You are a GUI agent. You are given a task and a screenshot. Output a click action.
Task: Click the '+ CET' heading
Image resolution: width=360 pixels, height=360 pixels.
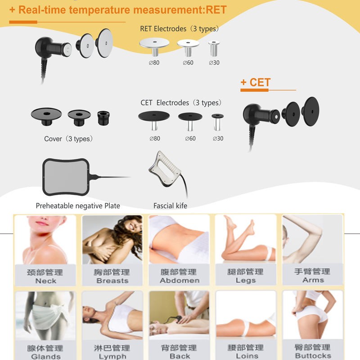(x=255, y=82)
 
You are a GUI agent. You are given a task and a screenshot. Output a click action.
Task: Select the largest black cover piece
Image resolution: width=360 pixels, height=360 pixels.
(x=45, y=115)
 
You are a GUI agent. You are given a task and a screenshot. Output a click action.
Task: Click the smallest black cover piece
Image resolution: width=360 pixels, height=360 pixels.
(x=103, y=117)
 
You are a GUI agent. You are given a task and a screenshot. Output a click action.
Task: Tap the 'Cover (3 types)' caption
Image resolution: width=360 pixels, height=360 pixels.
(x=68, y=139)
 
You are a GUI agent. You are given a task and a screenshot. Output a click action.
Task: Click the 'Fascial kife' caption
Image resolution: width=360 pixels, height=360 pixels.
(x=170, y=206)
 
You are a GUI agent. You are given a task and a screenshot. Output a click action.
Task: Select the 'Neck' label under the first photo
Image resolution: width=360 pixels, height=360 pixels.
(x=45, y=281)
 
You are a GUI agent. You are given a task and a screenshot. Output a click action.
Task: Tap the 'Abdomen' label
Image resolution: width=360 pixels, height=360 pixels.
(x=179, y=280)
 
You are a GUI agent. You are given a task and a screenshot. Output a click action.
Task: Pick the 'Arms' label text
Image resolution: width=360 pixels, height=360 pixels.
(x=313, y=280)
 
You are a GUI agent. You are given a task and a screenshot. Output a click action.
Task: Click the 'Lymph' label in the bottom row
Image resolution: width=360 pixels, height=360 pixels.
(x=112, y=356)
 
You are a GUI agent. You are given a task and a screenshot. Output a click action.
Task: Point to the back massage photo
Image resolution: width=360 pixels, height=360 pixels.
(x=179, y=315)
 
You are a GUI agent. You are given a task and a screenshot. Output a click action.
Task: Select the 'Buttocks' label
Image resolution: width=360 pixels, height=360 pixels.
(x=313, y=355)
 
